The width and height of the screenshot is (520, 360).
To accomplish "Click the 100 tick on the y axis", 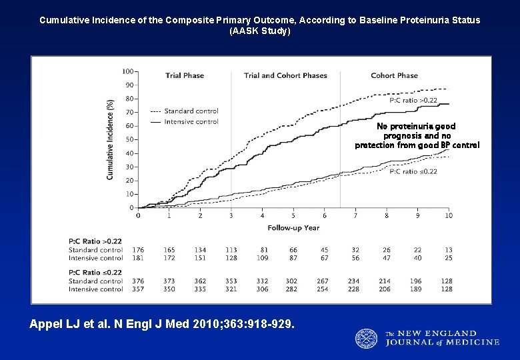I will (x=127, y=71).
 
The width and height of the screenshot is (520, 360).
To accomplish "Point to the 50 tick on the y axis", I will (x=129, y=139).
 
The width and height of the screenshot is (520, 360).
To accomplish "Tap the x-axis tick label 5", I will (x=293, y=216).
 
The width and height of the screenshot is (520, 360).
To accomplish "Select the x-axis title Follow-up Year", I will (x=293, y=228).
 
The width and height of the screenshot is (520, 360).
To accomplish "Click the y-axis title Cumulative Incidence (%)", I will (x=111, y=139).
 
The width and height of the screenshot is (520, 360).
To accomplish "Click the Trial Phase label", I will (x=185, y=76).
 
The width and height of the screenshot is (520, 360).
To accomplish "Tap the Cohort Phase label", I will (x=394, y=76).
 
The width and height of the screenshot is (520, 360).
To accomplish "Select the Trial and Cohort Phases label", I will (x=285, y=76).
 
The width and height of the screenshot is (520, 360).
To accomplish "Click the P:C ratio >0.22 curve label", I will (x=413, y=101).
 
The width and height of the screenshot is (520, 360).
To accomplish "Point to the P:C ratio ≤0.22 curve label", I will (x=413, y=171).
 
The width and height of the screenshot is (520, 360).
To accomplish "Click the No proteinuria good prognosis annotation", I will (x=417, y=135).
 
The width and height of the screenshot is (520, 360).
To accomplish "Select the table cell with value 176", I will (x=138, y=250).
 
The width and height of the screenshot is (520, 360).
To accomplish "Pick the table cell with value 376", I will (x=138, y=281).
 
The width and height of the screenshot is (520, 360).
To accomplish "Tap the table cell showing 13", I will (x=448, y=250).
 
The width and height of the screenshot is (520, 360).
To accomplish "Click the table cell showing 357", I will (x=138, y=289).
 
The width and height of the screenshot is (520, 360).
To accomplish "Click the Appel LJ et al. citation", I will (x=161, y=324).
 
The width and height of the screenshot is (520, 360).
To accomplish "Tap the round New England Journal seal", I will (x=366, y=339).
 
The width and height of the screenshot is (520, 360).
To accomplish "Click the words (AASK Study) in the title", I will (x=259, y=31).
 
